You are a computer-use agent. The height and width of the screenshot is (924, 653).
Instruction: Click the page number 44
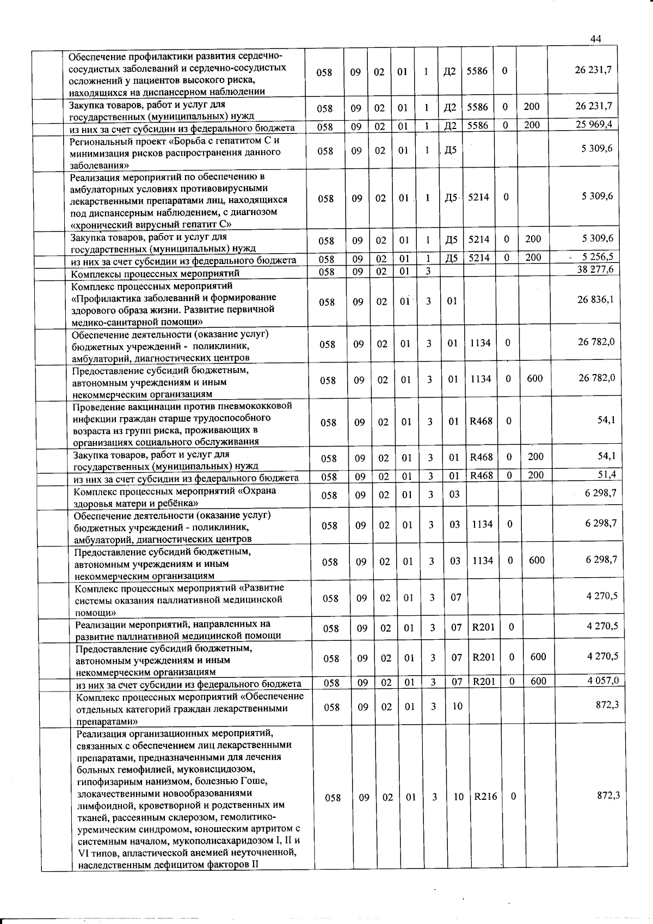tap(595, 39)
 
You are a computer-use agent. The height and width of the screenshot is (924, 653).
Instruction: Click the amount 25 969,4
tap(594, 124)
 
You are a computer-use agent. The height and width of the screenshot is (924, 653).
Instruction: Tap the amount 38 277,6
tap(595, 269)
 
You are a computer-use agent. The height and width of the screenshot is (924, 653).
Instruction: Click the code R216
tap(485, 797)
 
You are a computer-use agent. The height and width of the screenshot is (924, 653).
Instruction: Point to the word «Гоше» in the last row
tap(255, 781)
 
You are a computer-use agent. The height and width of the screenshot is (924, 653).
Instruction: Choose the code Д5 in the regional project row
tap(451, 150)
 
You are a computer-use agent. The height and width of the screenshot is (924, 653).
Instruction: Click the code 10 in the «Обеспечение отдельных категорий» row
tap(457, 706)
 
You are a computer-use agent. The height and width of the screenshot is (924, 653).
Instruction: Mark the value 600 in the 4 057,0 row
tap(538, 681)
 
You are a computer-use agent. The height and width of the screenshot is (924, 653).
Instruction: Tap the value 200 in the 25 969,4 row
tap(532, 125)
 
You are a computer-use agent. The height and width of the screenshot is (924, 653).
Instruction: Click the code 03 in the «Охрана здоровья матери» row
tap(454, 494)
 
